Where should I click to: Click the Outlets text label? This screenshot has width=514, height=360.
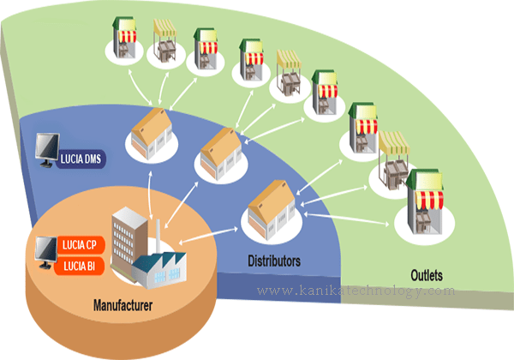point(426,276)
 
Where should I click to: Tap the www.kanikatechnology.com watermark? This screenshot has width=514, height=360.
point(356,291)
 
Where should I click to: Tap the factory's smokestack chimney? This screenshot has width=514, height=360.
point(158,236)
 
